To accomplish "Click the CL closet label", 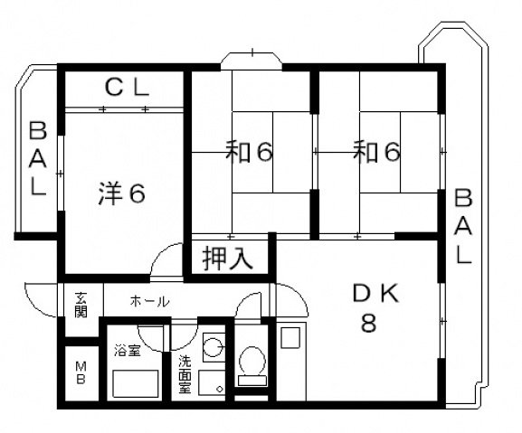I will [x=126, y=88].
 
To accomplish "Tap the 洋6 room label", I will [x=121, y=193].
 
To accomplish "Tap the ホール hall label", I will [x=149, y=301].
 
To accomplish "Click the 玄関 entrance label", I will [x=81, y=306].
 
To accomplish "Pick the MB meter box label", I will [x=81, y=372].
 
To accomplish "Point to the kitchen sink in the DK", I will [x=291, y=338].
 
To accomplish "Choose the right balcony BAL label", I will [x=462, y=226].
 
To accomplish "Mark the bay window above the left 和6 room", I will [x=252, y=57].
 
